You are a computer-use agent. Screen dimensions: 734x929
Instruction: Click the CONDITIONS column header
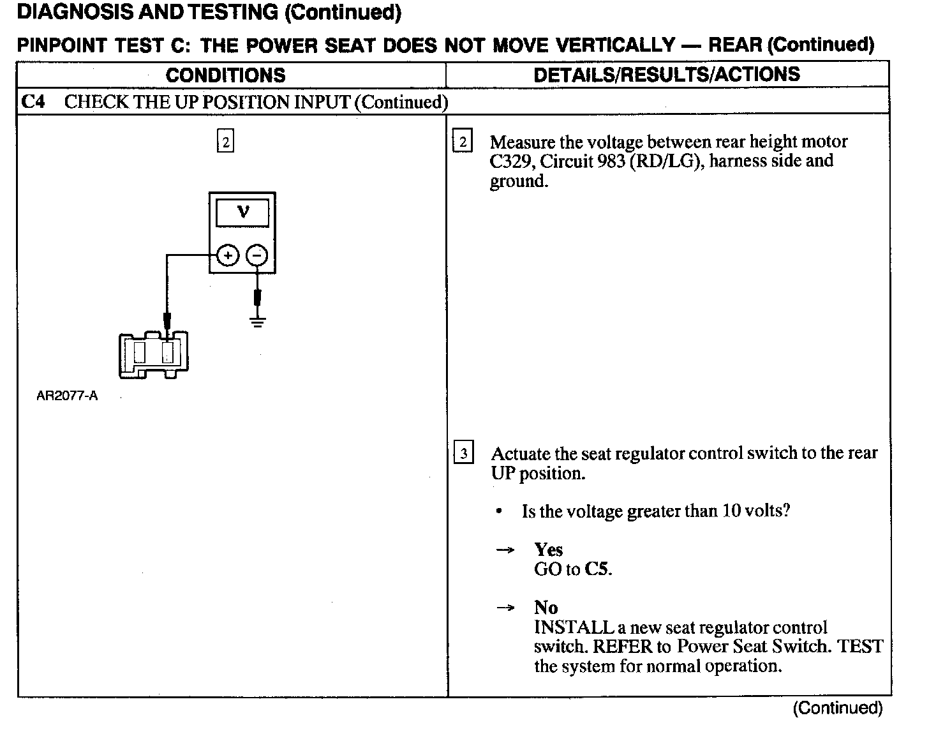click(225, 75)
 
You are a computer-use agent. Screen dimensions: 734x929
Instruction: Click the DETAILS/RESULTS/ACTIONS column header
click(666, 75)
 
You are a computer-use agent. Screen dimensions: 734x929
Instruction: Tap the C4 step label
click(33, 102)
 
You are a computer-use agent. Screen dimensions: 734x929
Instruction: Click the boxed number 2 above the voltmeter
click(225, 142)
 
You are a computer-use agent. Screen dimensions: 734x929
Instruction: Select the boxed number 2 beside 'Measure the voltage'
click(463, 142)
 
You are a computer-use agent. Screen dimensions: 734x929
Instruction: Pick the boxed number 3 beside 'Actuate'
click(463, 454)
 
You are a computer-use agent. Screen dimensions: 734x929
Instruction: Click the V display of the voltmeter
click(242, 212)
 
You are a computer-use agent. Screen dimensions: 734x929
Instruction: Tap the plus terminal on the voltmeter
click(228, 256)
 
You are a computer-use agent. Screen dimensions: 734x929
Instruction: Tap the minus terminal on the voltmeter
click(257, 256)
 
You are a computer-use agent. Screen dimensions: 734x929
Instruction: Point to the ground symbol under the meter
click(257, 321)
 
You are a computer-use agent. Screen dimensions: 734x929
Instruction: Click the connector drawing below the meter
click(153, 354)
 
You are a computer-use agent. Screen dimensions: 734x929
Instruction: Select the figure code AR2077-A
click(67, 396)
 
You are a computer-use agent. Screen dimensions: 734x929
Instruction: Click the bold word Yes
click(548, 550)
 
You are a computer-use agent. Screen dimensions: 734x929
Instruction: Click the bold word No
click(546, 608)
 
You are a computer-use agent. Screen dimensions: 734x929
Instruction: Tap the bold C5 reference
click(597, 569)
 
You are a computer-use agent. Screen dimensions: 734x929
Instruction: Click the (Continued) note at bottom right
click(837, 708)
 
